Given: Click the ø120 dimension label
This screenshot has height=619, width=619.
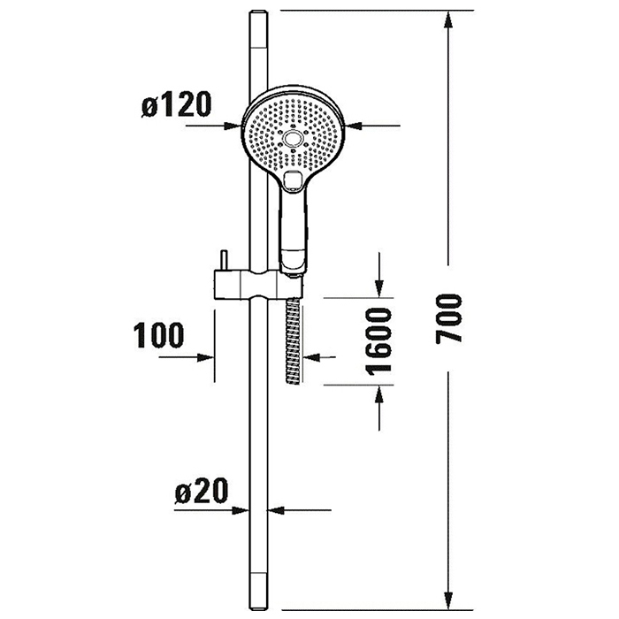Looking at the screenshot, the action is pyautogui.click(x=177, y=104).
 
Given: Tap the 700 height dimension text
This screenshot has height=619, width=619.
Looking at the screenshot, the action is pyautogui.click(x=449, y=318).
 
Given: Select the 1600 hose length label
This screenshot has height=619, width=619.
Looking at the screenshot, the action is pyautogui.click(x=378, y=341).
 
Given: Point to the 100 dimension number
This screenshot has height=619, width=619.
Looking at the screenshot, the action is pyautogui.click(x=158, y=335).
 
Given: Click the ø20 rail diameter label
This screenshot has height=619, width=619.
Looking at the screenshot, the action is pyautogui.click(x=202, y=491).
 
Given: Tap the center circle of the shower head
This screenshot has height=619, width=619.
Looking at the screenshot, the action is pyautogui.click(x=293, y=138).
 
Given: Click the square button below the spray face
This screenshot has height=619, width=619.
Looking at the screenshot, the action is pyautogui.click(x=293, y=180).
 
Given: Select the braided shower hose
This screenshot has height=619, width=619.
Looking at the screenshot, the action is pyautogui.click(x=293, y=340).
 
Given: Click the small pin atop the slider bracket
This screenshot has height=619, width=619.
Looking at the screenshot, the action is pyautogui.click(x=225, y=260).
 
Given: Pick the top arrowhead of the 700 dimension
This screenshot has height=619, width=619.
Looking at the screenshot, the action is pyautogui.click(x=448, y=19).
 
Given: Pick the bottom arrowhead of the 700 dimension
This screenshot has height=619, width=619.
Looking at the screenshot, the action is pyautogui.click(x=448, y=600).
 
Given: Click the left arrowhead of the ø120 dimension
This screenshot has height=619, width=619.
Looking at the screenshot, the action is pyautogui.click(x=233, y=126).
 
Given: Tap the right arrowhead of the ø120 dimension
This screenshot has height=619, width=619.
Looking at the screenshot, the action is pyautogui.click(x=354, y=126).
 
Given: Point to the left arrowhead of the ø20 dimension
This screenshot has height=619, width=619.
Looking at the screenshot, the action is pyautogui.click(x=241, y=510).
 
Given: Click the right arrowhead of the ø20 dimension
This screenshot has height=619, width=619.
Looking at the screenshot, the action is pyautogui.click(x=276, y=510).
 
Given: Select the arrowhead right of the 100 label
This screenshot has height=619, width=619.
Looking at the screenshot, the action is pyautogui.click(x=206, y=357).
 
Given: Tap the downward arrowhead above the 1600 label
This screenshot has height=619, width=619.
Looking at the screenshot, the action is pyautogui.click(x=379, y=288).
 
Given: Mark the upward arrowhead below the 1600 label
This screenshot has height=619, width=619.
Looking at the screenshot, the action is pyautogui.click(x=379, y=394).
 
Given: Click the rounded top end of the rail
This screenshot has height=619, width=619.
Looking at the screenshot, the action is pyautogui.click(x=258, y=13).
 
